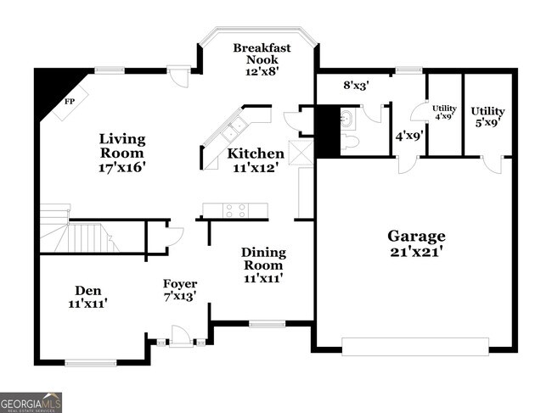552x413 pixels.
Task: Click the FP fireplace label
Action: [x=70, y=102]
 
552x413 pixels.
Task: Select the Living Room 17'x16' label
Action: [x=122, y=153]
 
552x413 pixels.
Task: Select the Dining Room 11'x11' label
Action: [x=263, y=265]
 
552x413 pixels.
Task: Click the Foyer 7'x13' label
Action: [x=180, y=290]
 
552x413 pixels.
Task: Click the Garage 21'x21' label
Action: [x=416, y=243]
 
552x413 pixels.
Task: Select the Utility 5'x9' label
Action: [x=487, y=117]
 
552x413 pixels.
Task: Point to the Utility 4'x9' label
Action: [x=444, y=112]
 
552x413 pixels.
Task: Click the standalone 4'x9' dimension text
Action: [x=408, y=135]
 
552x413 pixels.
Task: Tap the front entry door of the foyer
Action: [x=181, y=338]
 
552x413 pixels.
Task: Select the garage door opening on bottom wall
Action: [x=415, y=343]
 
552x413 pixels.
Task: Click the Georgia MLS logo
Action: [x=31, y=402]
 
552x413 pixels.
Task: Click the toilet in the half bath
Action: [x=351, y=142]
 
